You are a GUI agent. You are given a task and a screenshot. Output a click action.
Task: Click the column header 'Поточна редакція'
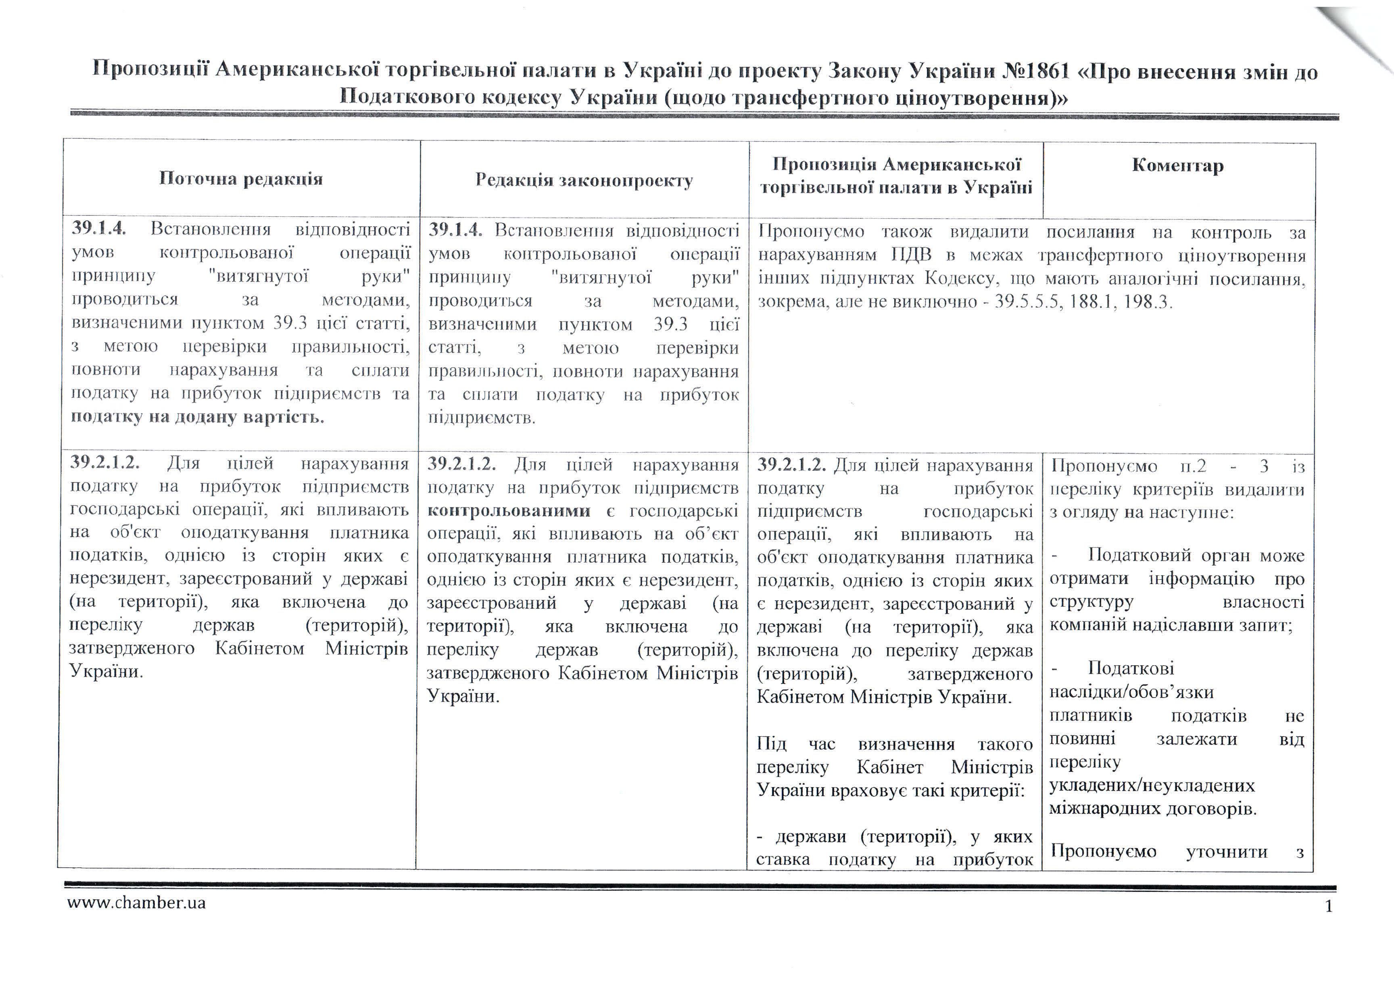pos(240,179)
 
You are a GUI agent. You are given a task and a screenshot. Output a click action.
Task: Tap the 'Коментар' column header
pos(1177,165)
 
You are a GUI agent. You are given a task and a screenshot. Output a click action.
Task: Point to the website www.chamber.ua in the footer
pos(136,903)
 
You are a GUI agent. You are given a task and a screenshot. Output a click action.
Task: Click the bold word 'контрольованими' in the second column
pos(509,510)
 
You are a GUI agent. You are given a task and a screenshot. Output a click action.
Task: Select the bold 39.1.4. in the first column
pos(98,228)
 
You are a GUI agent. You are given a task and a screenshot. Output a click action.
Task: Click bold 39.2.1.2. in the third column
pos(791,465)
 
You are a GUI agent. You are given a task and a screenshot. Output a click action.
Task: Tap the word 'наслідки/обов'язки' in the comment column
pos(1131,692)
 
